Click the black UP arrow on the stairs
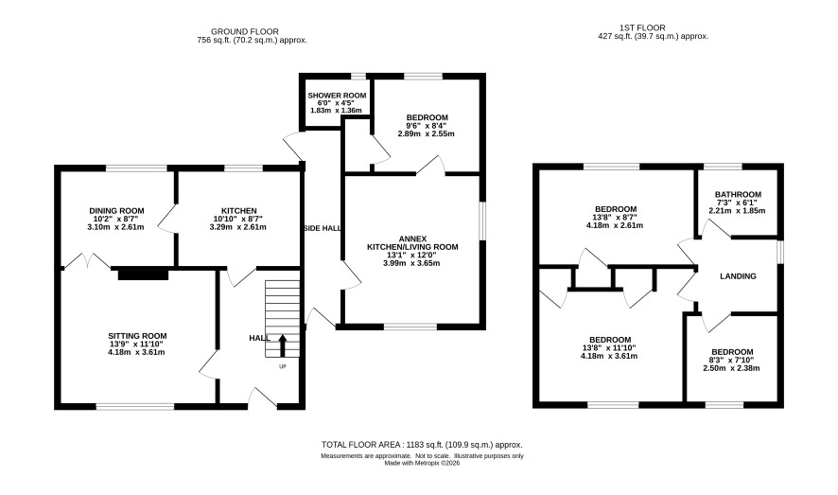point(283,345)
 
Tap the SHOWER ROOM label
point(337,96)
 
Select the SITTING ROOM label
point(137,336)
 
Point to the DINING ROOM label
point(116,211)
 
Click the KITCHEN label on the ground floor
point(239,211)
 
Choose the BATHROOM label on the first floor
point(738,195)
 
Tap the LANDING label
point(738,276)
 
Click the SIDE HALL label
point(323,228)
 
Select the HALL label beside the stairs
point(260,339)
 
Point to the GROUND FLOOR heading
point(245,31)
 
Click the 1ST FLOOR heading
point(642,27)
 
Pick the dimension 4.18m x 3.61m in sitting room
point(137,352)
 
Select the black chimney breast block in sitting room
point(143,274)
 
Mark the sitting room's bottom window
point(135,407)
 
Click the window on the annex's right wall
point(482,221)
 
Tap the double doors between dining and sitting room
point(87,261)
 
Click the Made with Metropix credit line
point(422,464)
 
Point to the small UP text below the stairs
point(283,366)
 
